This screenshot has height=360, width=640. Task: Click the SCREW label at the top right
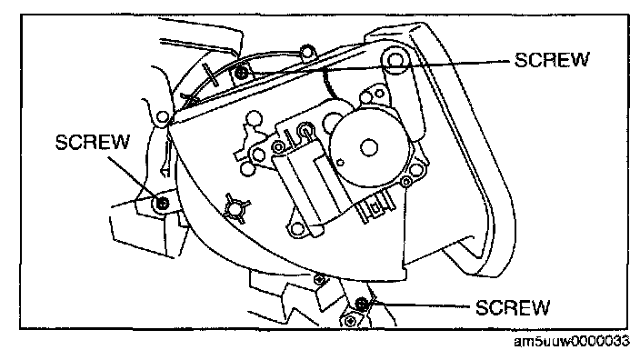pos(552,60)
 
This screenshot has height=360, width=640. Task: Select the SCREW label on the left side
pos(92,142)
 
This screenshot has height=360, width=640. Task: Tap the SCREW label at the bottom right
pos(513,307)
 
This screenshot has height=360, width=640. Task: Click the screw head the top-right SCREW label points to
pos(242,73)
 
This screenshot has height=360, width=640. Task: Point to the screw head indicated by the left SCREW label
pos(163,203)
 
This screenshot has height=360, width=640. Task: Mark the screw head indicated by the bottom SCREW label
pos(361,304)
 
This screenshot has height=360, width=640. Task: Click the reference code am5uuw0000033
pos(572,341)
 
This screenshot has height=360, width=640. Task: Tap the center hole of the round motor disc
pos(368,147)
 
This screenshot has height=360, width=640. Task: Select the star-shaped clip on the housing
pos(237,208)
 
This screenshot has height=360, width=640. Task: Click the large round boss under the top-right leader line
pos(395,60)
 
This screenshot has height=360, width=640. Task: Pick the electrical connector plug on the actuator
pos(375,207)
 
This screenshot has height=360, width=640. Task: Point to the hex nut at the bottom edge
pos(350,321)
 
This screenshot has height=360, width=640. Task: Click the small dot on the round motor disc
pos(340,163)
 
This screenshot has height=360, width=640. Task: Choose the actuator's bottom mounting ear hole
pos(297,228)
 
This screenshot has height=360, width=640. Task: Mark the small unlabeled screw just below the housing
pos(320,280)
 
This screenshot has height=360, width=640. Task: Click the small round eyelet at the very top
pos(306,52)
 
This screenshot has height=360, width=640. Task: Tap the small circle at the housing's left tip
pos(163,117)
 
